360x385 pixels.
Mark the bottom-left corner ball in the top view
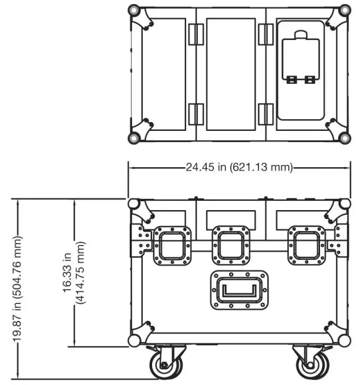(134, 137)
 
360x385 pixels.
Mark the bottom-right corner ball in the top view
(344, 137)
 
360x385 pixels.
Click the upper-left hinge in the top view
(196, 34)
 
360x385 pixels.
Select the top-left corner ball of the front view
(134, 203)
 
